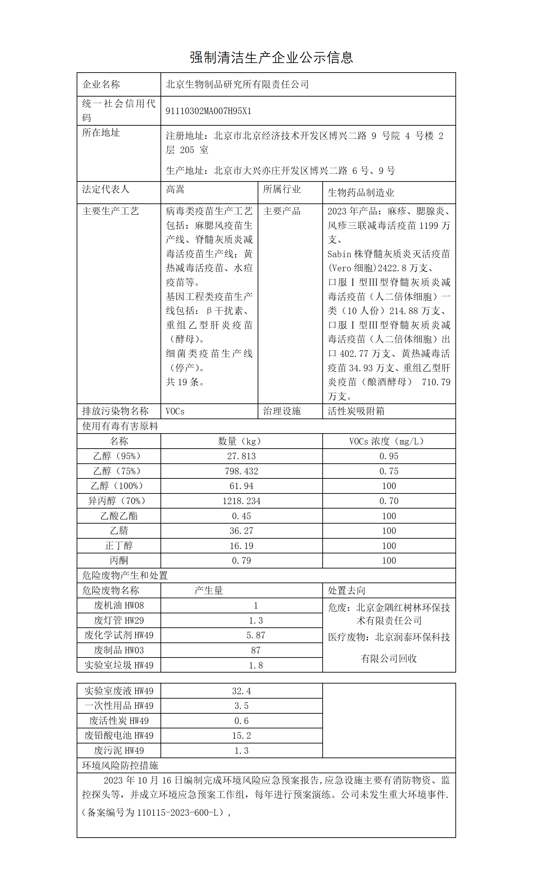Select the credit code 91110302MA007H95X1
pyautogui.click(x=208, y=111)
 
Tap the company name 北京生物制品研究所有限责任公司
pyautogui.click(x=237, y=85)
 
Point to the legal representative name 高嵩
pyautogui.click(x=175, y=189)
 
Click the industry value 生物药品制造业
pyautogui.click(x=361, y=193)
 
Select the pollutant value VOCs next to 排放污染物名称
pyautogui.click(x=175, y=411)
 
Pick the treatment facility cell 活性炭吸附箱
pyautogui.click(x=356, y=411)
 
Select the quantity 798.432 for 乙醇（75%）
pyautogui.click(x=241, y=471)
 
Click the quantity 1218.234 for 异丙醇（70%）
pyautogui.click(x=241, y=501)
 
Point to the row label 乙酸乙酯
pyautogui.click(x=119, y=516)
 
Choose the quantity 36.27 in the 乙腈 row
pyautogui.click(x=241, y=531)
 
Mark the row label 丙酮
pyautogui.click(x=119, y=561)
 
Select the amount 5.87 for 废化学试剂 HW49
pyautogui.click(x=256, y=635)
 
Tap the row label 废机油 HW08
pyautogui.click(x=119, y=606)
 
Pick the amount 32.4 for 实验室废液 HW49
pyautogui.click(x=241, y=691)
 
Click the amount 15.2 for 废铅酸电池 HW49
pyautogui.click(x=241, y=736)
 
